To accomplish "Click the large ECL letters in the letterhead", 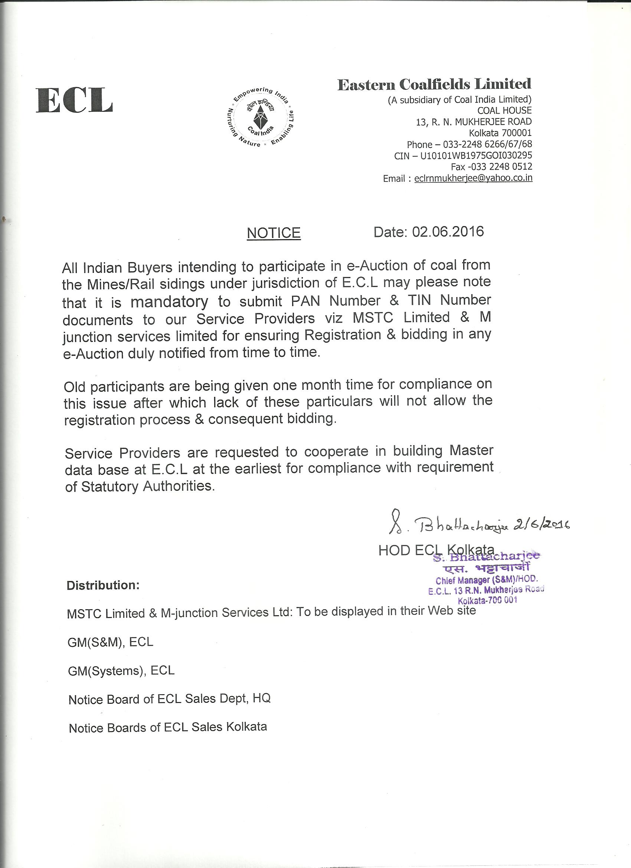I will coord(74,100).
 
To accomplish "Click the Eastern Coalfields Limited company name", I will coord(434,84).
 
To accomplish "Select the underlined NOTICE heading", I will coord(274,233).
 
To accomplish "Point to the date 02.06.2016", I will coord(448,232).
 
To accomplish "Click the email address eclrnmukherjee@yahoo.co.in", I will coord(473,178).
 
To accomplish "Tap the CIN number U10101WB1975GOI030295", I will coord(473,156).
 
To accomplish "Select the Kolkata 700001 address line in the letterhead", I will coord(500,133).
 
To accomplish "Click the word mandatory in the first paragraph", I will coord(169,302).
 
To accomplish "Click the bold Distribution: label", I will coord(103,585).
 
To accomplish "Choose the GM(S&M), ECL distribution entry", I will coord(110,642).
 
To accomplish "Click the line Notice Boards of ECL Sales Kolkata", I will coord(168,728).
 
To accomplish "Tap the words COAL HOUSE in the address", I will coord(504,111).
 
